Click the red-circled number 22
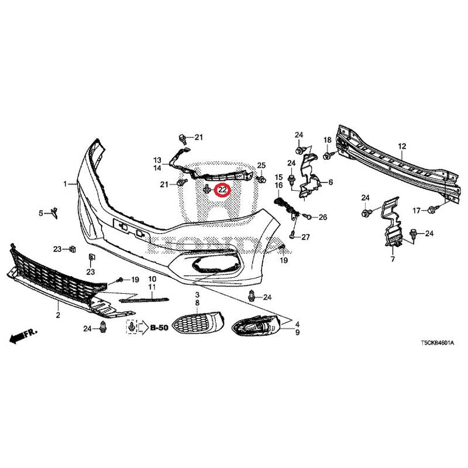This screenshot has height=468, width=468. (x=222, y=190)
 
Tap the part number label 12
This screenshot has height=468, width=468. (x=402, y=146)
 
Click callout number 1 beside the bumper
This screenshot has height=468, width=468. (x=66, y=184)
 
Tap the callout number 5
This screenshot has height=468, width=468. (x=42, y=214)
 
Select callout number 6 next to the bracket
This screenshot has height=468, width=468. (x=331, y=183)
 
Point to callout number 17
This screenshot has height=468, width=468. (x=417, y=211)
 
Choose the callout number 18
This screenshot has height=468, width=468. (x=327, y=140)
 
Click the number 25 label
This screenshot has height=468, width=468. (x=261, y=165)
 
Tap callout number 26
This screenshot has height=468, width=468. (x=322, y=217)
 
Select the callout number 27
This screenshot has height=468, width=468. (x=304, y=237)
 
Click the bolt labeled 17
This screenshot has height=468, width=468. (x=432, y=209)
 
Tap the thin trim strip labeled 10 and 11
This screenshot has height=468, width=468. (x=143, y=299)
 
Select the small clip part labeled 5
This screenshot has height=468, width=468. (x=53, y=211)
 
